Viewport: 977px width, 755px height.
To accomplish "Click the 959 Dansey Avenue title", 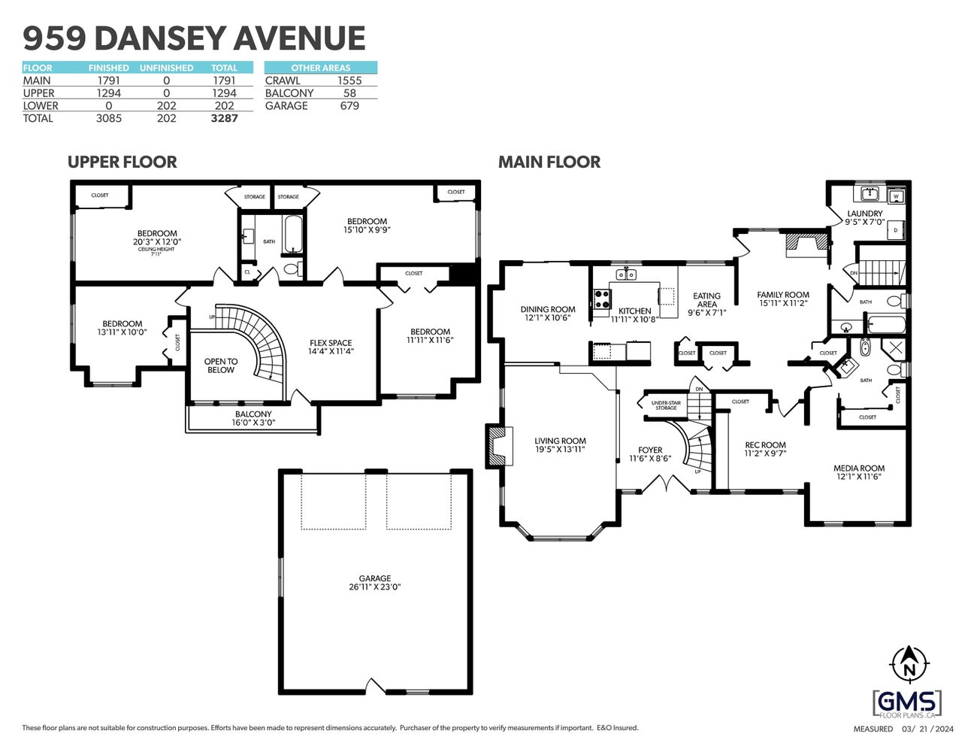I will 194,38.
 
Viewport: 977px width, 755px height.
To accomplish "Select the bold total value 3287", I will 224,118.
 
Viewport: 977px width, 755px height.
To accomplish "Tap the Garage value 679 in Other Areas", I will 349,106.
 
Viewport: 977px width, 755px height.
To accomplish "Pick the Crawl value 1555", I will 349,80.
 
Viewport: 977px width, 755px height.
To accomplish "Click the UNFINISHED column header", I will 166,68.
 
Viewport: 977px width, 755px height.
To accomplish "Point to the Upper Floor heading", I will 122,162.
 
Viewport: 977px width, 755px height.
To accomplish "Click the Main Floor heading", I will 549,162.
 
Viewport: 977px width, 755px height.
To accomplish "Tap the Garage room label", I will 374,583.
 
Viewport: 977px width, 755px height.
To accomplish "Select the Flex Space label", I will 331,347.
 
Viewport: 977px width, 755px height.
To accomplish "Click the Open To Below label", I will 221,365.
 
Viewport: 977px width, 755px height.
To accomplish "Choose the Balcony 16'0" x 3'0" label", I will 253,418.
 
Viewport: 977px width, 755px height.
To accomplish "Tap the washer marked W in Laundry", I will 895,197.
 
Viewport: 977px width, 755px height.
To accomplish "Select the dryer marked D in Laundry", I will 895,230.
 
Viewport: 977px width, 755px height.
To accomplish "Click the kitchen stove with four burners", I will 601,299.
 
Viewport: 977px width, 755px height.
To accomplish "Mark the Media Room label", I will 859,472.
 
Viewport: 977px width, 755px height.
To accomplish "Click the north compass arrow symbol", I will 909,663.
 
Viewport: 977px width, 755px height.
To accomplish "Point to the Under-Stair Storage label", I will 666,405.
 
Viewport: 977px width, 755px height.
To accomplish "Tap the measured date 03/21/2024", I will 927,729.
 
